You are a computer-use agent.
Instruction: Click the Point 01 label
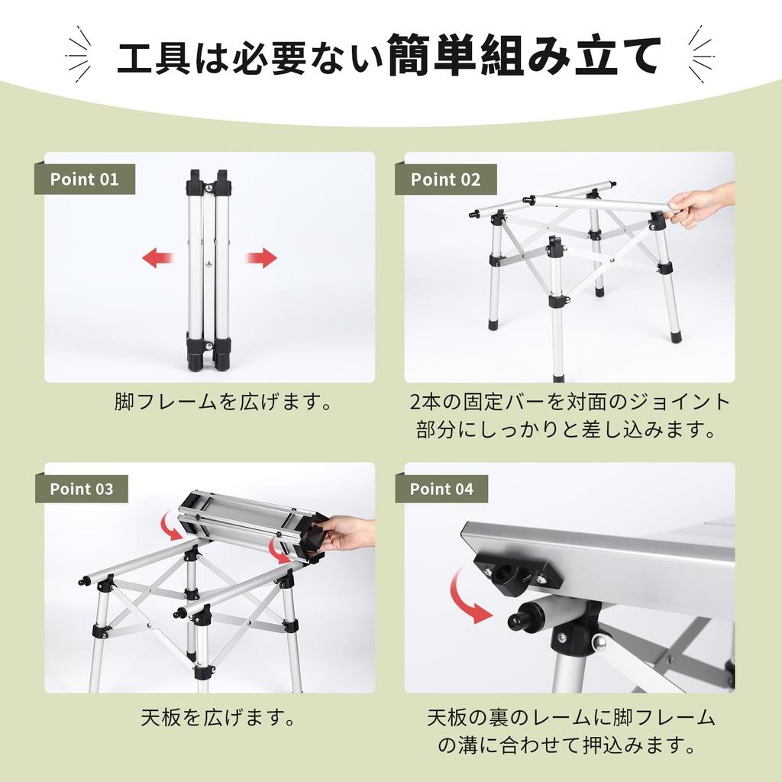click(84, 179)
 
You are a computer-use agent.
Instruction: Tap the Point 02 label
click(445, 179)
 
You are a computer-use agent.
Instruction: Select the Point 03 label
click(81, 489)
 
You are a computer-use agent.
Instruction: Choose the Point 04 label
click(441, 489)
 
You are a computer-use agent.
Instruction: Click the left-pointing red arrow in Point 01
click(157, 258)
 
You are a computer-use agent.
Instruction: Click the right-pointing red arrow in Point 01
click(261, 258)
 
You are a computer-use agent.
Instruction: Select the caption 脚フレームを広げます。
click(224, 402)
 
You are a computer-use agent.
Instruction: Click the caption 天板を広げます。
click(218, 718)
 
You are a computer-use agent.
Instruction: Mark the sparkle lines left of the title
click(79, 55)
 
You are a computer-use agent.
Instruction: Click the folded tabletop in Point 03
click(252, 526)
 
